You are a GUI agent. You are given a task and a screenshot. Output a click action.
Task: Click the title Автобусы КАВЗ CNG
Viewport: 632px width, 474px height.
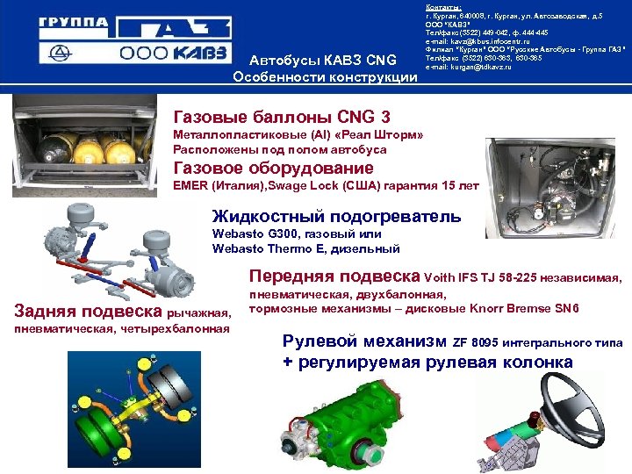coord(324,61)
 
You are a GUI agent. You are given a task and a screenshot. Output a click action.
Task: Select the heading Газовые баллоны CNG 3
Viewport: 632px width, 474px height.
coord(282,117)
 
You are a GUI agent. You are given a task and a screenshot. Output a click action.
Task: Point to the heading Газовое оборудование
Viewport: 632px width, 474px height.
coord(273,168)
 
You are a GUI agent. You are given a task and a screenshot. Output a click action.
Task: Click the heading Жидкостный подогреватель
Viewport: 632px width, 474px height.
coord(336,216)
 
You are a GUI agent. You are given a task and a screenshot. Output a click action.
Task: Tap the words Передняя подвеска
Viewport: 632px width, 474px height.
coord(334,276)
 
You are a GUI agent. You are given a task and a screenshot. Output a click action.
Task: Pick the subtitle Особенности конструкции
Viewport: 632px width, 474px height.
coord(324,77)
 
